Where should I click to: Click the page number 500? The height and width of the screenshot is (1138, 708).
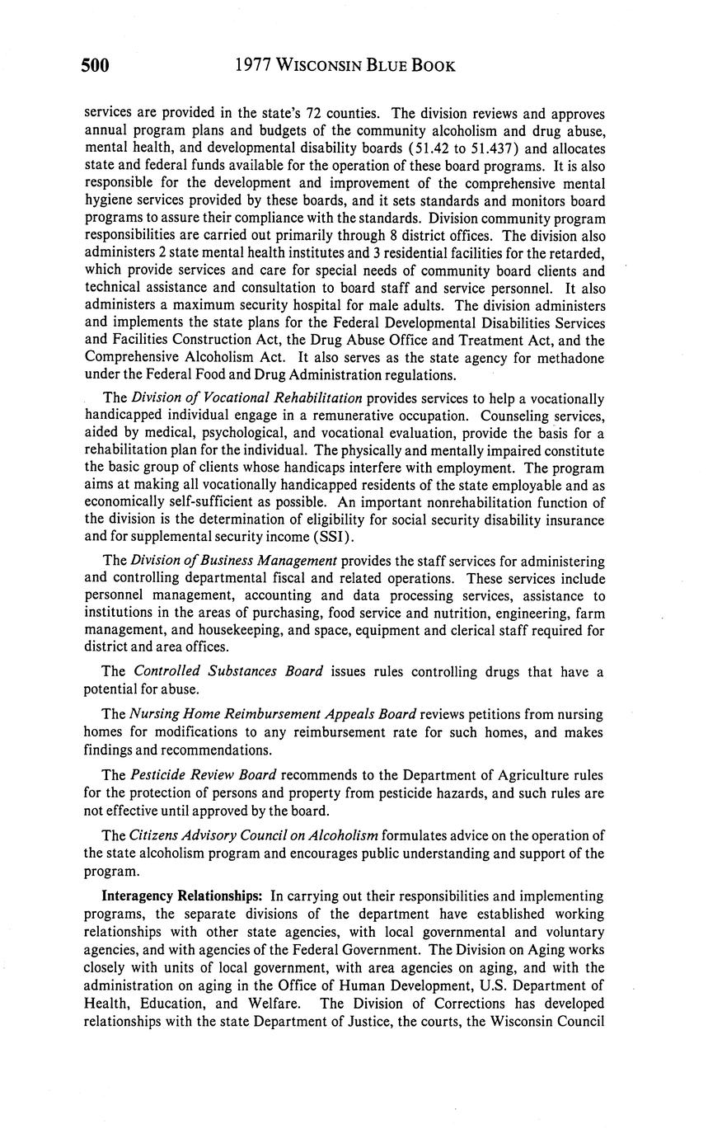96,65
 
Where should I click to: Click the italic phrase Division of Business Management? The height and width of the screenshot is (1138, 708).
234,561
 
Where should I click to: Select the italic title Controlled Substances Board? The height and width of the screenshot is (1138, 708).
228,671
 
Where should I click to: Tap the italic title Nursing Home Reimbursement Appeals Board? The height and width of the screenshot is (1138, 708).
273,714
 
